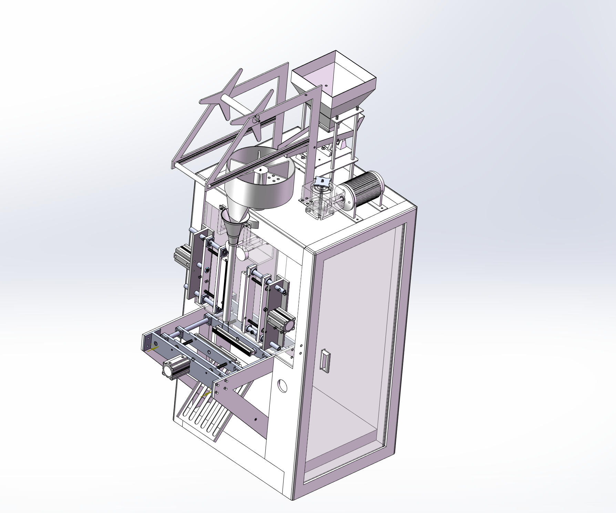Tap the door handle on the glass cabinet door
click(x=325, y=360)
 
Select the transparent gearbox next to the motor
click(x=319, y=200)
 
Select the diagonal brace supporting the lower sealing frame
click(x=248, y=407)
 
